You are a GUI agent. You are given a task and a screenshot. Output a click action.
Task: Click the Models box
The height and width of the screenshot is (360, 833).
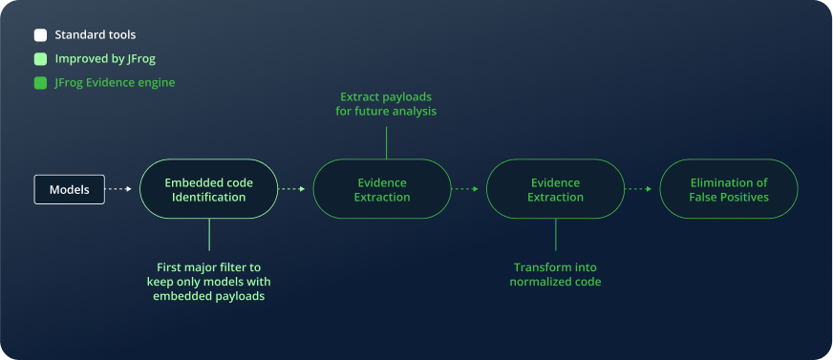(70, 190)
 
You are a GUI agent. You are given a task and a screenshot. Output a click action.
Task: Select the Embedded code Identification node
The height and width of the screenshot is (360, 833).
(209, 189)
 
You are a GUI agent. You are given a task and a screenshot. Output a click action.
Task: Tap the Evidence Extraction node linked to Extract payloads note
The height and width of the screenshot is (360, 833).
(382, 189)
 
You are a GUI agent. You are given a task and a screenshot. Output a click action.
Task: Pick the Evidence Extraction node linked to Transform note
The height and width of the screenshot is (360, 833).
(556, 189)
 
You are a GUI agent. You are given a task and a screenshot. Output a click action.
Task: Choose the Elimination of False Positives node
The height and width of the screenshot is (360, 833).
(729, 189)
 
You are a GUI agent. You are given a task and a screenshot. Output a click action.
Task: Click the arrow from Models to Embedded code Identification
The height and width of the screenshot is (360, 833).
(117, 189)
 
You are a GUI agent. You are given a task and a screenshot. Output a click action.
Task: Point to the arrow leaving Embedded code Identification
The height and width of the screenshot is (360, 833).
(291, 189)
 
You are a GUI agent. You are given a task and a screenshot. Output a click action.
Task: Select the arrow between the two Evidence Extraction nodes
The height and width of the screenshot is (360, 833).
(465, 189)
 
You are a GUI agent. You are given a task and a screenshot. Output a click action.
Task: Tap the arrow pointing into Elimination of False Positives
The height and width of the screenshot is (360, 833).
(638, 189)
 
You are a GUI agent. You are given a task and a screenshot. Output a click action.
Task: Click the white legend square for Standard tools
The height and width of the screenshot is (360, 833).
(40, 35)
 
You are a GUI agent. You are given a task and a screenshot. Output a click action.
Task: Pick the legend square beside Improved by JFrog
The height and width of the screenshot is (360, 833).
(40, 59)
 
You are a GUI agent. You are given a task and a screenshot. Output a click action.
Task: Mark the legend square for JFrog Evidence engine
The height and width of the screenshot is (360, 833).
(40, 83)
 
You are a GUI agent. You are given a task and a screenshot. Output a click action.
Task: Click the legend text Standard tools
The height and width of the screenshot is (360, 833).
(96, 35)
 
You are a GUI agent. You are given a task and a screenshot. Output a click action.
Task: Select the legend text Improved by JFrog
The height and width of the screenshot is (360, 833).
(105, 59)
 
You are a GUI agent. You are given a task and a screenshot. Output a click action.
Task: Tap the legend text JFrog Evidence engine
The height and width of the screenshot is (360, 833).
(115, 83)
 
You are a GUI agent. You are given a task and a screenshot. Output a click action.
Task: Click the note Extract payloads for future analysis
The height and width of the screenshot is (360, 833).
(386, 105)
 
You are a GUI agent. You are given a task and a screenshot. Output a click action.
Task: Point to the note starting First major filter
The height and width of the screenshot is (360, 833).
(209, 282)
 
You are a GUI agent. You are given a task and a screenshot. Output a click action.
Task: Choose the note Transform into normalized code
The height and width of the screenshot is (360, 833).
(556, 274)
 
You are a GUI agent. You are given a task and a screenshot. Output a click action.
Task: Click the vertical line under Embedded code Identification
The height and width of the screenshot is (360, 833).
(209, 235)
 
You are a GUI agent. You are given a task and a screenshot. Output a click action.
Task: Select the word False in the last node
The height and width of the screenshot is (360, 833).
(703, 197)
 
